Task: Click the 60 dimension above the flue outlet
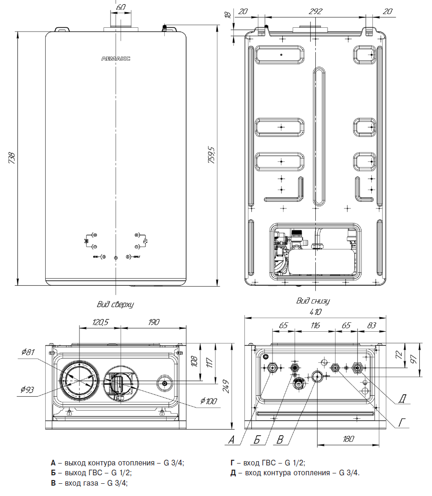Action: (121, 8)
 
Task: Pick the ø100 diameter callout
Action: (208, 401)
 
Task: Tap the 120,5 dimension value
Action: (99, 322)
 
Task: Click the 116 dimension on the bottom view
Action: (315, 325)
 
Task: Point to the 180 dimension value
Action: (348, 439)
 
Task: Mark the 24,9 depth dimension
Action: (227, 386)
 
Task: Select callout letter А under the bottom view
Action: (231, 440)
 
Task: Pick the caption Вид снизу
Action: (313, 301)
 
